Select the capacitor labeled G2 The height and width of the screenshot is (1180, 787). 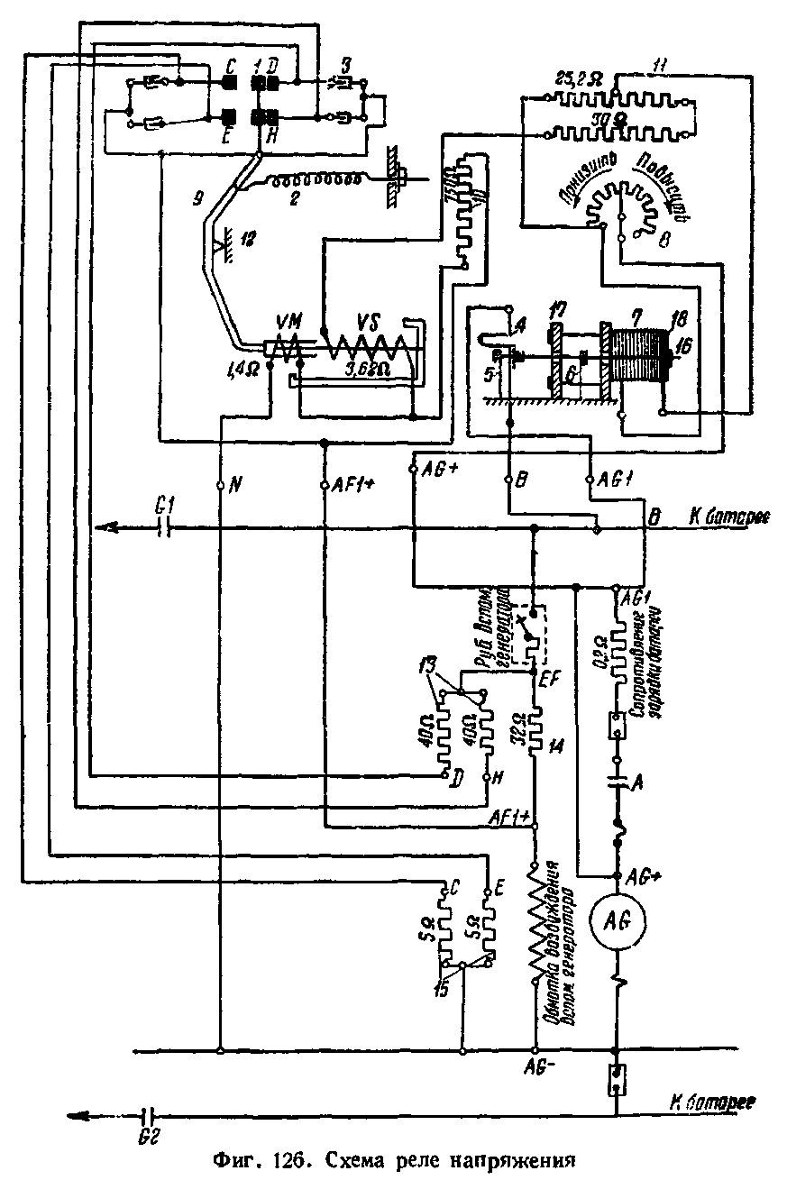tap(150, 1115)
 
